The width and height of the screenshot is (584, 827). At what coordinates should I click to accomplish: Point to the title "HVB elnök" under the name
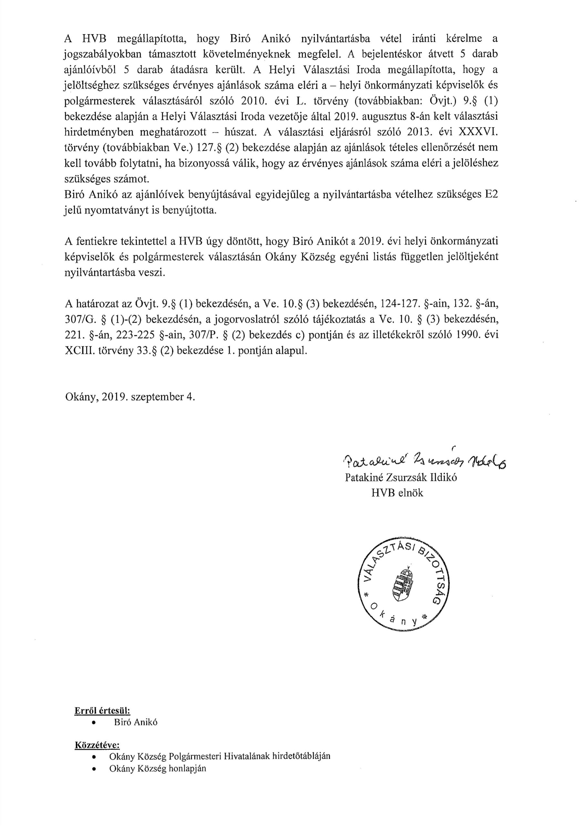397,493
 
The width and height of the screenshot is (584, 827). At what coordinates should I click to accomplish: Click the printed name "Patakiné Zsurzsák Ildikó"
401,477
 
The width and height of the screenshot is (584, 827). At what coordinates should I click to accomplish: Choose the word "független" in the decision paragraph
419,257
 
